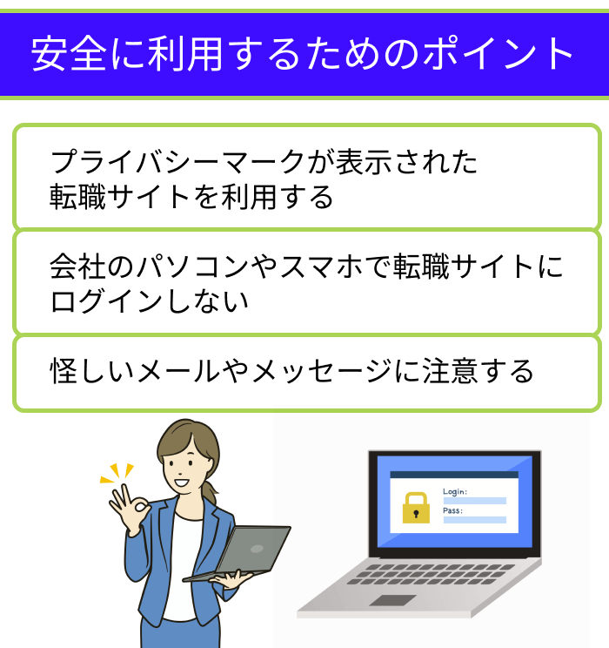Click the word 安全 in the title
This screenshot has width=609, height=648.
pyautogui.click(x=64, y=55)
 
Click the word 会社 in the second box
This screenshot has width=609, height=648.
pyautogui.click(x=76, y=267)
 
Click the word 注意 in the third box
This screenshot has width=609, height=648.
pyautogui.click(x=457, y=371)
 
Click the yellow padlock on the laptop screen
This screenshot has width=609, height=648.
pyautogui.click(x=415, y=507)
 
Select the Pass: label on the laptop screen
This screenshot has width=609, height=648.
pyautogui.click(x=452, y=511)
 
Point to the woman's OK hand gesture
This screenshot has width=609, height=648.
pyautogui.click(x=130, y=512)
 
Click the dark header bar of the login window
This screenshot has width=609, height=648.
pyautogui.click(x=453, y=476)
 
